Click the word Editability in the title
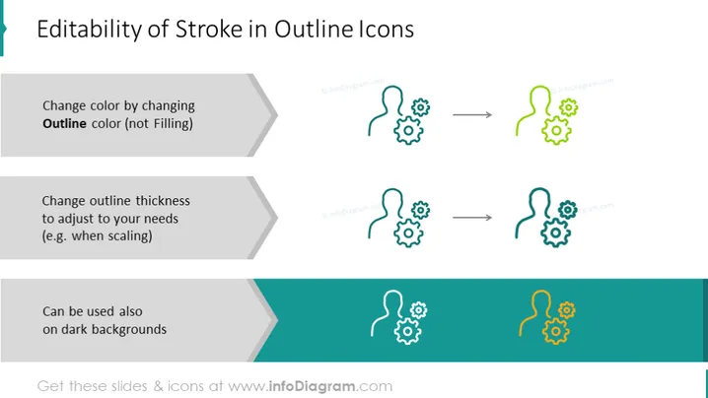pyautogui.click(x=90, y=30)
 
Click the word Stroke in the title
pyautogui.click(x=209, y=30)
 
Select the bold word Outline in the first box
pyautogui.click(x=64, y=123)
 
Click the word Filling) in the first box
pyautogui.click(x=174, y=124)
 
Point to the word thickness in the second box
pyautogui.click(x=163, y=200)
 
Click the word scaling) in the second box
pyautogui.click(x=130, y=236)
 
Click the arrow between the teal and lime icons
pyautogui.click(x=472, y=114)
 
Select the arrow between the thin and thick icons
pyautogui.click(x=472, y=218)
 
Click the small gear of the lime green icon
pyautogui.click(x=569, y=107)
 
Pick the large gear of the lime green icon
pyautogui.click(x=557, y=130)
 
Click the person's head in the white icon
pyautogui.click(x=391, y=299)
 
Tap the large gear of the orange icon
pyautogui.click(x=556, y=331)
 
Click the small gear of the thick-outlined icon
pyautogui.click(x=568, y=210)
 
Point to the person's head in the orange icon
pyautogui.click(x=540, y=299)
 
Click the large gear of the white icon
pyautogui.click(x=407, y=331)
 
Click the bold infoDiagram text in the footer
pyautogui.click(x=312, y=386)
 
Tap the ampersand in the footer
pyautogui.click(x=158, y=386)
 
